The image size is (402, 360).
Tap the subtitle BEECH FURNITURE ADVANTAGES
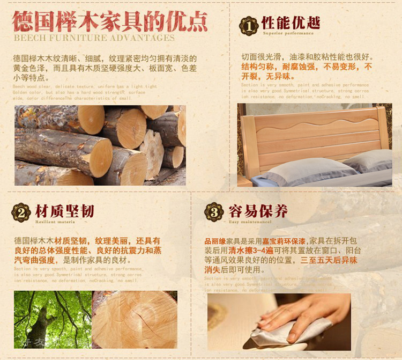(94, 38)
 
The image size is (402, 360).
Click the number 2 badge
(21, 212)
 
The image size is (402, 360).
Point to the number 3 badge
(214, 212)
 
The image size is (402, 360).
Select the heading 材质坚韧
(64, 210)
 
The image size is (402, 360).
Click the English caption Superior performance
(288, 33)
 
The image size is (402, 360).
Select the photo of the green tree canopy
(52, 319)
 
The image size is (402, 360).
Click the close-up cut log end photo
(135, 319)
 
